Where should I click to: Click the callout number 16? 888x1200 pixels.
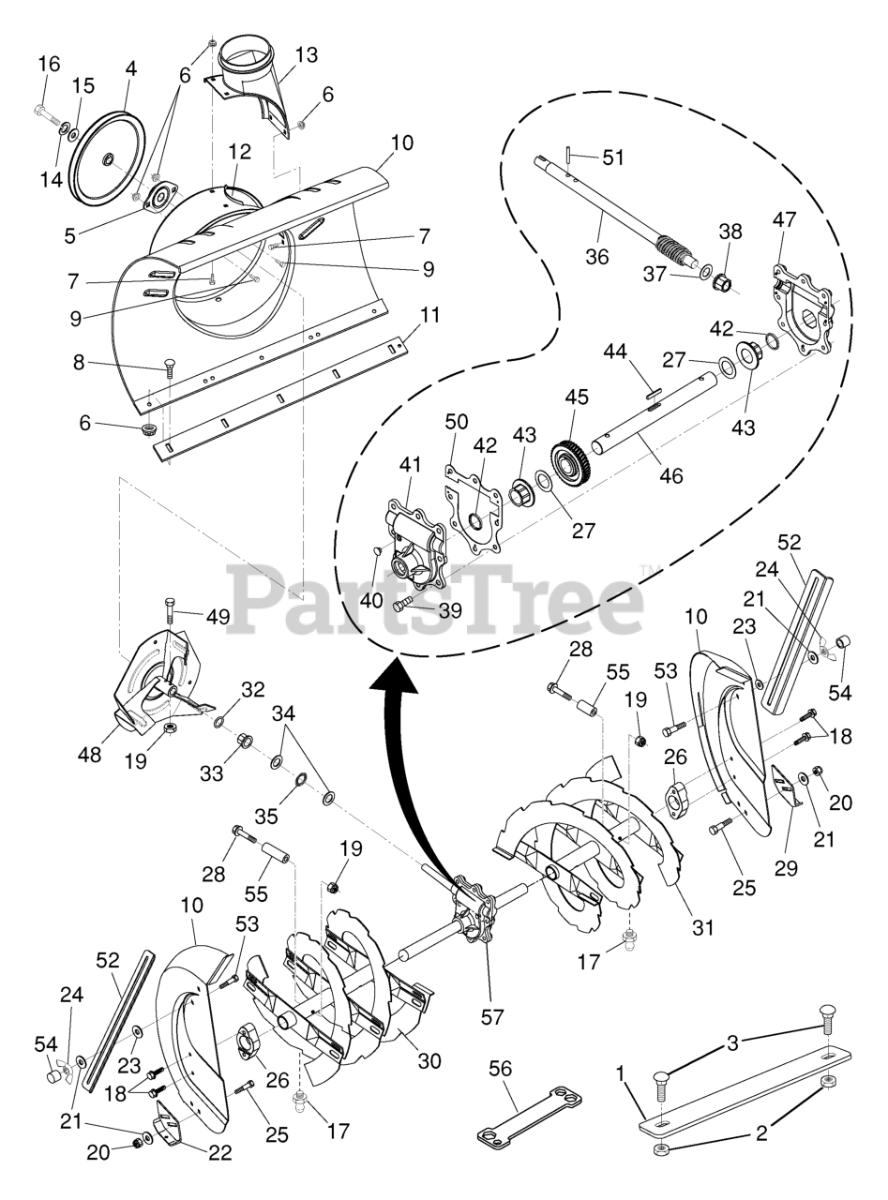[x=48, y=64]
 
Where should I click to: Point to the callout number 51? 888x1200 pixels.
[x=613, y=157]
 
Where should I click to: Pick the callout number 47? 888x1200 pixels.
[x=784, y=221]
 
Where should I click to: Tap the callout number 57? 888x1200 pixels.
[x=491, y=1015]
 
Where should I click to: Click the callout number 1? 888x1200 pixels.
[x=620, y=1071]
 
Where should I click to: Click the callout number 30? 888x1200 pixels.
[x=429, y=1060]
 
